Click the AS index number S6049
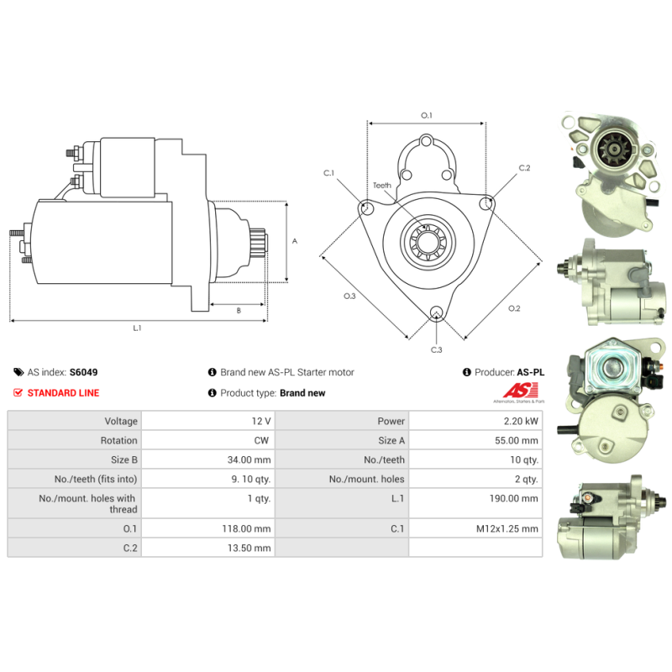point(83,372)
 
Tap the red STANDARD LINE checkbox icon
point(18,392)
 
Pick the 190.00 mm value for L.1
point(513,498)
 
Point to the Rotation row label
point(118,440)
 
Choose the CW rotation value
point(261,440)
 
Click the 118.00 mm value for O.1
point(246,528)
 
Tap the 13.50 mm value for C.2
point(249,548)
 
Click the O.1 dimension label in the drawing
point(427,115)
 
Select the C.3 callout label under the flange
point(436,349)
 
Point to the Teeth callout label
point(382,185)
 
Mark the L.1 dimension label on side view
point(137,328)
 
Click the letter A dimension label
point(295,241)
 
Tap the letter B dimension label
point(239,310)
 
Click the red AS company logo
point(521,390)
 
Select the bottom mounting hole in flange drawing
point(436,312)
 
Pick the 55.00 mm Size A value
point(517,440)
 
